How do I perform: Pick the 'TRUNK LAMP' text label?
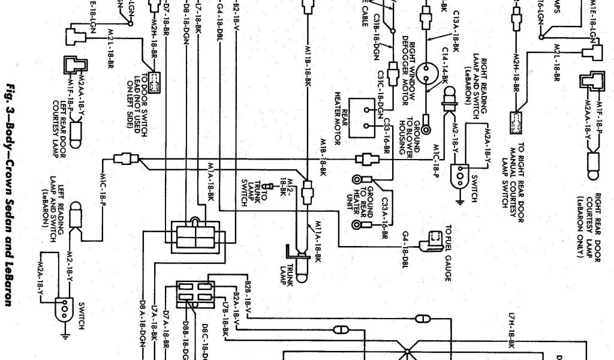point(290,275)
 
